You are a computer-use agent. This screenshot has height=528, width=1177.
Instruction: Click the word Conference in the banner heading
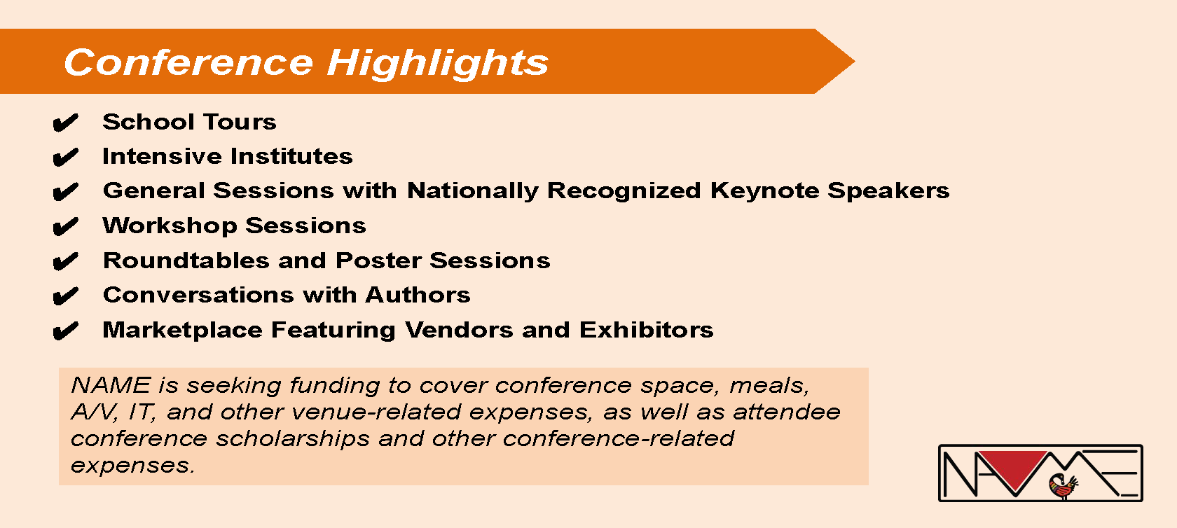point(188,62)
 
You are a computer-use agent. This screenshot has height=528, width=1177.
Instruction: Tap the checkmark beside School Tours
point(66,123)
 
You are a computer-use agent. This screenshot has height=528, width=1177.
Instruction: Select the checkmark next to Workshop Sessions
point(66,227)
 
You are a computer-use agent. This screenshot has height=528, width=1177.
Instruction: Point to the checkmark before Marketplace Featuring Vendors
point(66,331)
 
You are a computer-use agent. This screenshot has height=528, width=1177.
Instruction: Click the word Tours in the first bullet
point(240,122)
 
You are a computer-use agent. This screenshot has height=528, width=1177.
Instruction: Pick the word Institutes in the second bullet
point(291,156)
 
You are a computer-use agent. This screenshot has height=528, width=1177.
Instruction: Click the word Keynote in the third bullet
point(764,190)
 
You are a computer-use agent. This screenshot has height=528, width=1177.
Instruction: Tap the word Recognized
point(624,190)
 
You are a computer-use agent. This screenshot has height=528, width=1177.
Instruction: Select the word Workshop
point(170,226)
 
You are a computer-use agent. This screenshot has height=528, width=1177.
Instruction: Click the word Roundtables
point(186,260)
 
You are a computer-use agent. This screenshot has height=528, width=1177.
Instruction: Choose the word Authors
point(418,295)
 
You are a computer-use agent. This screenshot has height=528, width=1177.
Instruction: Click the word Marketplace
point(182,331)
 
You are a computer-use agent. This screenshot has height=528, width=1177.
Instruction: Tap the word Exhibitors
point(646,330)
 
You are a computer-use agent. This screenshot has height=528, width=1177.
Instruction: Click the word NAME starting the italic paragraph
point(111,385)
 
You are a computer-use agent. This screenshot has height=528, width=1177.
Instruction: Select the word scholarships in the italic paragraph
point(293,439)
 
